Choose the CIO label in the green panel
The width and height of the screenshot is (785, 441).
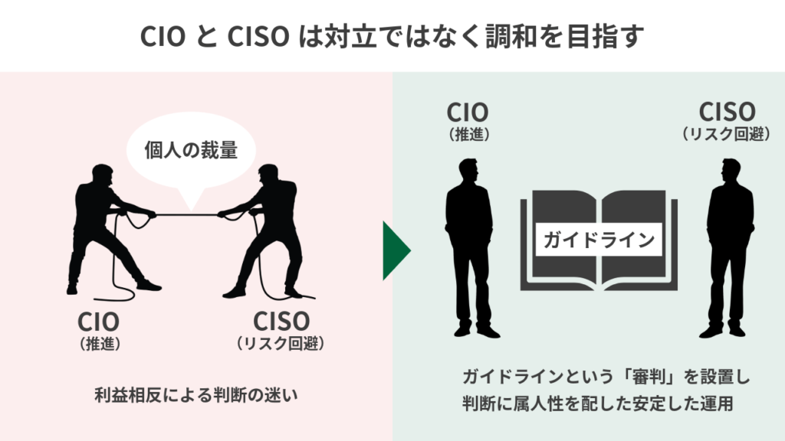468,113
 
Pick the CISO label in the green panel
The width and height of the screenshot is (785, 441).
727,113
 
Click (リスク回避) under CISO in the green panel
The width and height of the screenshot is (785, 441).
726,134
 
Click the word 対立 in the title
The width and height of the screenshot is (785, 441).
346,36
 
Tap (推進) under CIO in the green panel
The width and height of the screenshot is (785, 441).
468,134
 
